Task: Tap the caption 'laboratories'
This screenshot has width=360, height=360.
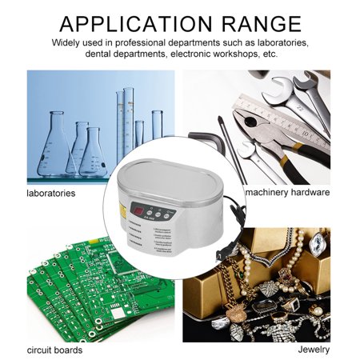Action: point(50,193)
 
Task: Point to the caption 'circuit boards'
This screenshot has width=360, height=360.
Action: point(54,350)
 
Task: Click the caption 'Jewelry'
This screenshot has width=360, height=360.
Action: point(314,350)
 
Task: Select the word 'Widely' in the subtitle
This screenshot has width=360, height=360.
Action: point(70,42)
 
